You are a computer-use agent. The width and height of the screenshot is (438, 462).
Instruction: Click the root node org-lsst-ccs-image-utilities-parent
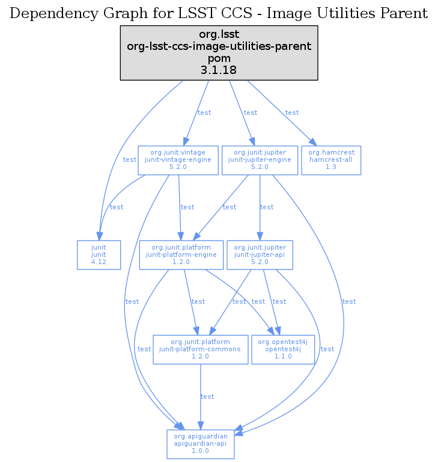click(219, 53)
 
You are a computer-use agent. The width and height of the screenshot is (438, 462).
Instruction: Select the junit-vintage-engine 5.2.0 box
click(178, 160)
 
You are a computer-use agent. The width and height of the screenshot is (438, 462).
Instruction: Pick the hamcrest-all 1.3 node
click(331, 160)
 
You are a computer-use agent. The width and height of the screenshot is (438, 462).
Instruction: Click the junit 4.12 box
click(99, 255)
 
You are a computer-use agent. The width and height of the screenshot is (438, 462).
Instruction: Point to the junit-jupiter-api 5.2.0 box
click(260, 255)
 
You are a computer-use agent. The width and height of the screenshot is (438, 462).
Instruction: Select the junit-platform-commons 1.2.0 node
click(201, 349)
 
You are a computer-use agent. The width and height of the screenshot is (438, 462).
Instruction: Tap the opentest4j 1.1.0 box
click(283, 349)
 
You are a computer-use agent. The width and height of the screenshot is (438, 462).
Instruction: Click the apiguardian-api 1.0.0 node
click(201, 443)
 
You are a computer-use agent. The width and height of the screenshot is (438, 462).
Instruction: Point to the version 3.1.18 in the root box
click(219, 70)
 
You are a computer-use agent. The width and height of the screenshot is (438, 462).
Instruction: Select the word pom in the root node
click(219, 58)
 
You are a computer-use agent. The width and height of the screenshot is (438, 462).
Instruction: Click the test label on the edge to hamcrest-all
click(292, 112)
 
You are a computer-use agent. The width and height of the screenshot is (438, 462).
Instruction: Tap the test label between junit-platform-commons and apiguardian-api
click(207, 396)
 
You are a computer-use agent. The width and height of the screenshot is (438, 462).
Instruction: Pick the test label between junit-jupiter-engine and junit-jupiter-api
click(267, 207)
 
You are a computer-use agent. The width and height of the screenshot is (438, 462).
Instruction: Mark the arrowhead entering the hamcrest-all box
click(312, 142)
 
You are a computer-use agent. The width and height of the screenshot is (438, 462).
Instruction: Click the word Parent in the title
click(405, 13)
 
